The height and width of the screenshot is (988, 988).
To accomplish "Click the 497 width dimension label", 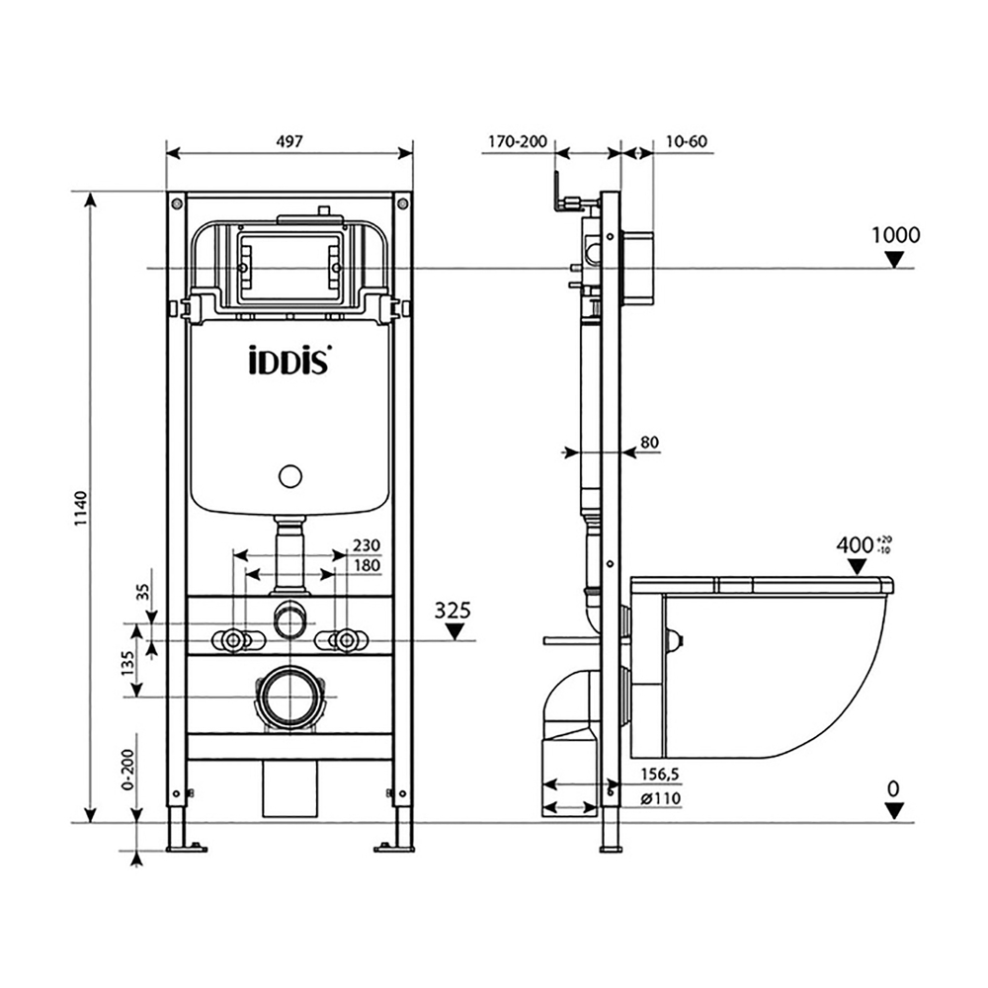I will click(x=288, y=140).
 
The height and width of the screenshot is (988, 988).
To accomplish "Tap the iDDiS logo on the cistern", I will click(x=288, y=360).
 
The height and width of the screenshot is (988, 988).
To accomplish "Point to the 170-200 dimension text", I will click(x=516, y=141).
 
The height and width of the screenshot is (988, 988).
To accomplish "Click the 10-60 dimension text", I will click(x=686, y=141).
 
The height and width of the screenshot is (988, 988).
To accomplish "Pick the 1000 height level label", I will click(x=895, y=235).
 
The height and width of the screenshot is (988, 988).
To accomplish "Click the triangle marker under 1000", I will click(x=895, y=260).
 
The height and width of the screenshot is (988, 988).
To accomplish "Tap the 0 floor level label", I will click(x=894, y=788).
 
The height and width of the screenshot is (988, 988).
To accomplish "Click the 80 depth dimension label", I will click(x=649, y=443).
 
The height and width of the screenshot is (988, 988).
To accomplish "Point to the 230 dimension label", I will click(x=366, y=545).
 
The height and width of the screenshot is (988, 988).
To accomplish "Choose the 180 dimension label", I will click(x=366, y=565).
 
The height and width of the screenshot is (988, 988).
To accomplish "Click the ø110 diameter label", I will click(x=659, y=798).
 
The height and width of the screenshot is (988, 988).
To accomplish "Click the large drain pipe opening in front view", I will click(x=288, y=698).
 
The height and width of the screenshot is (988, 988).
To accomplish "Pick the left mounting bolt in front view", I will click(x=234, y=640).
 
